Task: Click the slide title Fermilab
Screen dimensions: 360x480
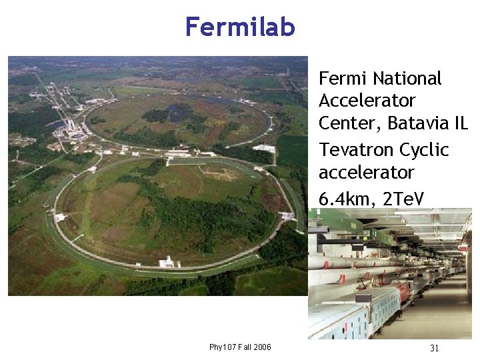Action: point(240,27)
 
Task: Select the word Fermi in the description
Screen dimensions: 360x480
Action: point(343,79)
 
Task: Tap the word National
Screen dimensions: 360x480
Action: point(407,79)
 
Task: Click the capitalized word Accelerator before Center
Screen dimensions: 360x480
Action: point(367,101)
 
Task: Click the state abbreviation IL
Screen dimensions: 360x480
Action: point(460,124)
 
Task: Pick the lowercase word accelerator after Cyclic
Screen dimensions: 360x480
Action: point(367,173)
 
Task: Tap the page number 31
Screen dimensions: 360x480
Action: point(434,348)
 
